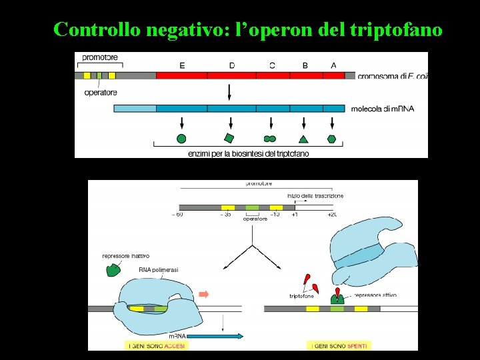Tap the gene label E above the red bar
182,65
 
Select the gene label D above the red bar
231,65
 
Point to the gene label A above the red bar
333,65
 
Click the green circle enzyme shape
181,139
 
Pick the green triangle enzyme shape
303,139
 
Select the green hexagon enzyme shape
331,139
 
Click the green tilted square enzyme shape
229,138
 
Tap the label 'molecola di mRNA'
383,108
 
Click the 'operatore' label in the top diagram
101,93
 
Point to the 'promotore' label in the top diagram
101,57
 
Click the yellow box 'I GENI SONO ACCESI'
156,345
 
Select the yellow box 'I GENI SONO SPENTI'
339,345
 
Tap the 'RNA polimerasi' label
158,269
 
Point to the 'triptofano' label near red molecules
302,295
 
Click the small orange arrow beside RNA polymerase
204,294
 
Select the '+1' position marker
295,215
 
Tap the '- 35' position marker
227,215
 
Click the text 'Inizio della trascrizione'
315,195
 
